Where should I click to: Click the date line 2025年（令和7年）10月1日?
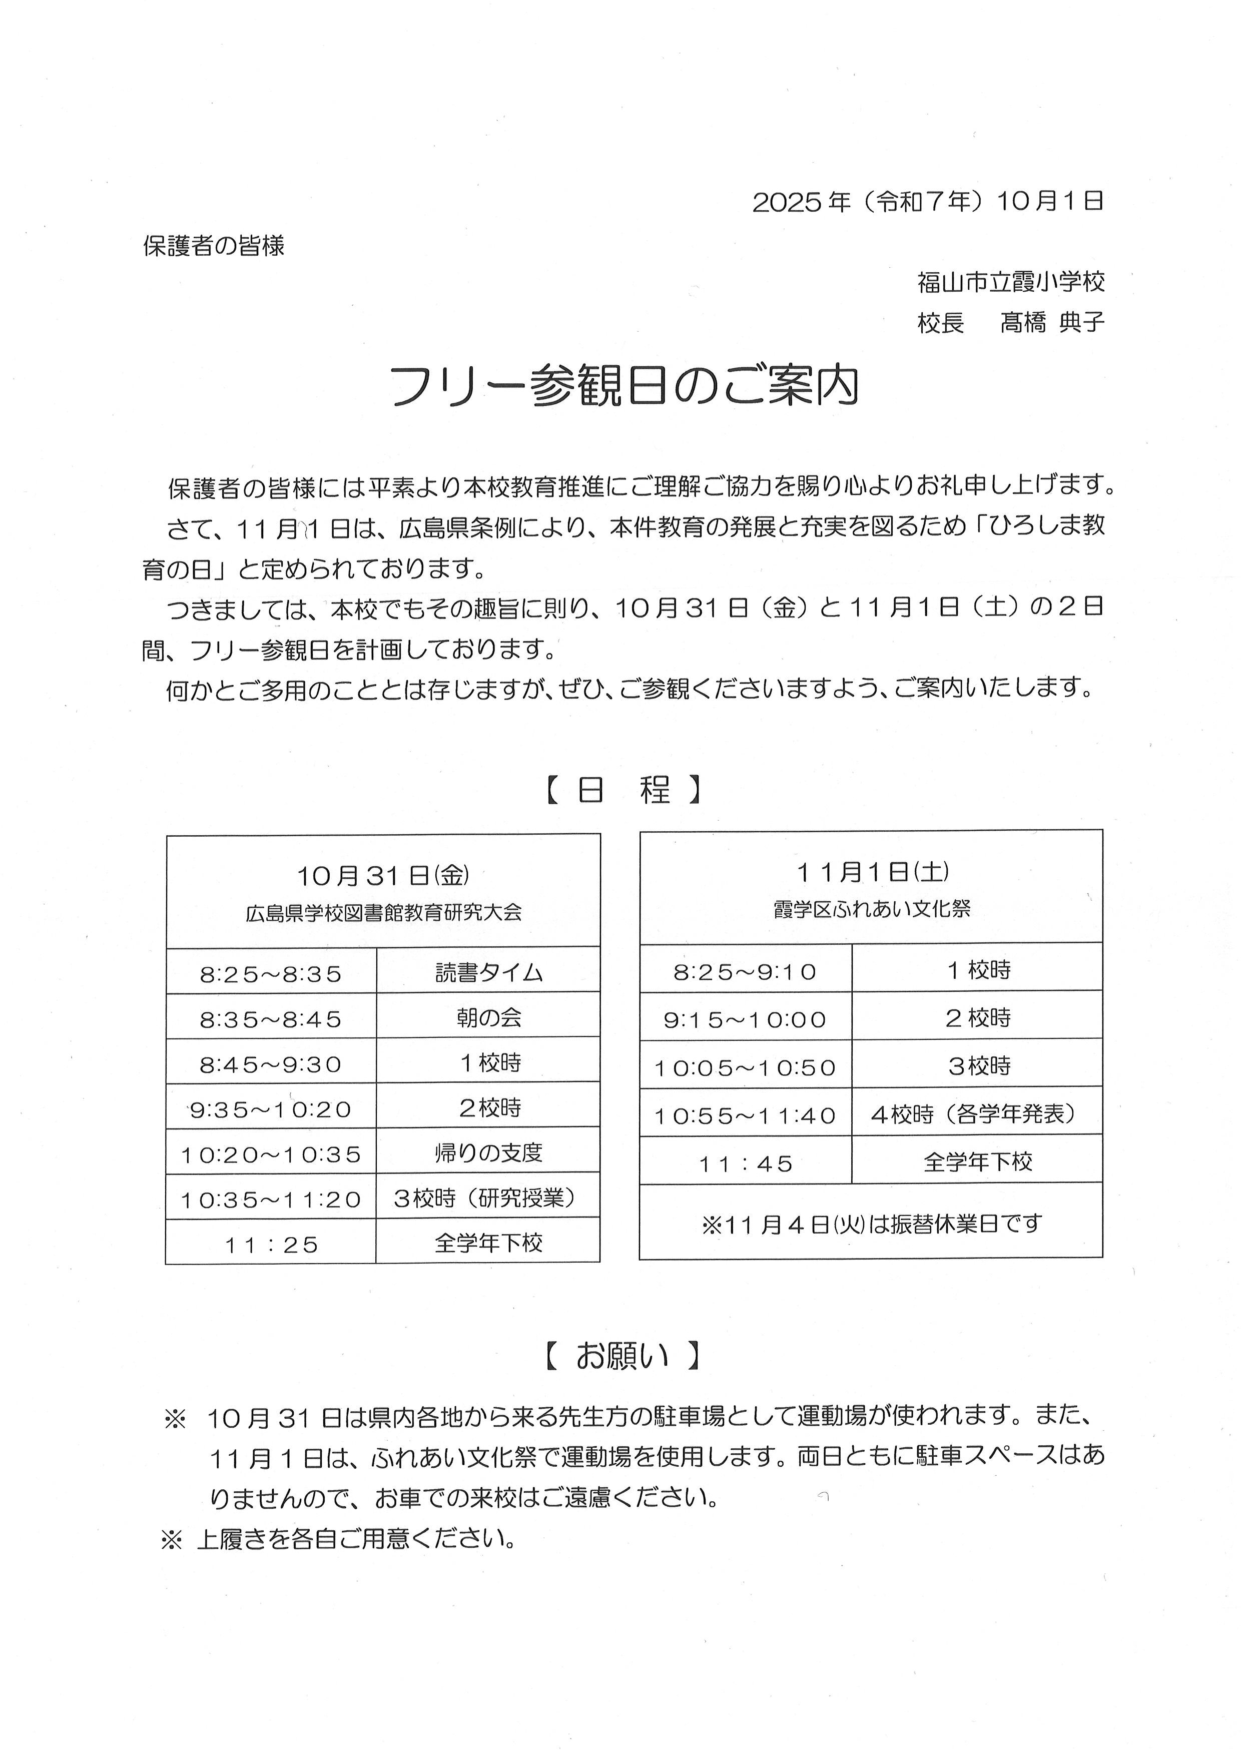coord(928,202)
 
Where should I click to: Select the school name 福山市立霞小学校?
coord(1011,283)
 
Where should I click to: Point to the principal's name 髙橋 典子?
coord(1052,323)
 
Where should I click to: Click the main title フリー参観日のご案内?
coord(625,387)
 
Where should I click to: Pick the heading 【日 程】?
coord(623,790)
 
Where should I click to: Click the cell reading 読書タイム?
coord(488,972)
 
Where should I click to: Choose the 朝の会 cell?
coord(488,1017)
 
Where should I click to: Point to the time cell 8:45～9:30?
coord(271,1064)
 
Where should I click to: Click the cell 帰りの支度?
coord(488,1152)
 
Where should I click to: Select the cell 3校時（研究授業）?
coord(488,1198)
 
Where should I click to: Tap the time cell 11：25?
coord(271,1245)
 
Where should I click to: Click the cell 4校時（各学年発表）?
coord(977,1114)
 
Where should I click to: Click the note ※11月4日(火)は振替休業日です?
coord(871,1224)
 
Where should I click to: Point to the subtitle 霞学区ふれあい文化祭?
coord(872,909)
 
